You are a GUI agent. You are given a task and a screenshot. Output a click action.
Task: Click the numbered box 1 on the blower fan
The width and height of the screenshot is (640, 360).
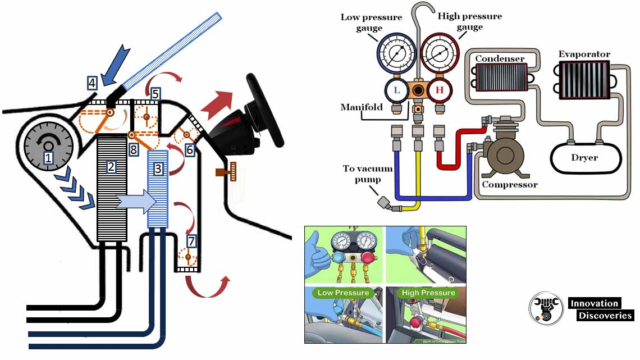coord(48,158)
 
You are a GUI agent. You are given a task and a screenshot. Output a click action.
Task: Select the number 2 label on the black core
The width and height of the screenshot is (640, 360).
coord(111,166)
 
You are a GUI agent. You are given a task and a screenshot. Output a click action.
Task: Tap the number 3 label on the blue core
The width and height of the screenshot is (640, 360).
coord(158,168)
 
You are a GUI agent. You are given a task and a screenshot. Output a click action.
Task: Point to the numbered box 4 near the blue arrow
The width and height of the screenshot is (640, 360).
coord(92,84)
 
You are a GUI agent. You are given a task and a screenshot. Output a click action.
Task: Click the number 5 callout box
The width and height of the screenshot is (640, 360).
coord(156,94)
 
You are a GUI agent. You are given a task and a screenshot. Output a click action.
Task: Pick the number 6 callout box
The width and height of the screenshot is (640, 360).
coord(190,149)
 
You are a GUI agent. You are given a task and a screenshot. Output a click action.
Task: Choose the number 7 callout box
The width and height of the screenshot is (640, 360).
coord(192,241)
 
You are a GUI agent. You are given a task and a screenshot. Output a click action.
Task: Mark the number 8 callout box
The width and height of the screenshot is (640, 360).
coord(133,149)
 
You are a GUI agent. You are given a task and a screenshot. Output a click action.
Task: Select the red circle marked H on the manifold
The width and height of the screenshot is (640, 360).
coord(440,90)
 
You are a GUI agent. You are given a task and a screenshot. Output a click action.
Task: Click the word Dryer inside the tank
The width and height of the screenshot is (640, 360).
coord(584,158)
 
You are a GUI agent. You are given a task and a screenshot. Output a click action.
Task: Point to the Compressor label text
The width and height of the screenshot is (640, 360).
coord(510,184)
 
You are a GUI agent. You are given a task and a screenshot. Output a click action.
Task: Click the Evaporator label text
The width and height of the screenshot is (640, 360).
coord(584,54)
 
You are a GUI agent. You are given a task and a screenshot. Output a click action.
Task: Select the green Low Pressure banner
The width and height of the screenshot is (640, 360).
coord(343,293)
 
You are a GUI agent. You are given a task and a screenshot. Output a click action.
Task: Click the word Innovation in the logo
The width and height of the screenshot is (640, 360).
coord(594,303)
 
